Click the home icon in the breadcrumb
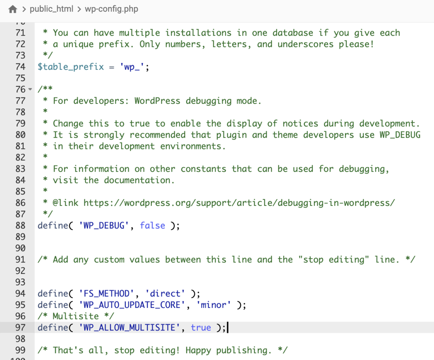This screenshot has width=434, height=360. pyautogui.click(x=13, y=9)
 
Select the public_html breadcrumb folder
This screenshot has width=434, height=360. pyautogui.click(x=51, y=9)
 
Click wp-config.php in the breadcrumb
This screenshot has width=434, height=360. pyautogui.click(x=111, y=9)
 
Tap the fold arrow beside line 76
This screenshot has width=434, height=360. pyautogui.click(x=30, y=89)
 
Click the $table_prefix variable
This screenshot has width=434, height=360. pyautogui.click(x=71, y=66)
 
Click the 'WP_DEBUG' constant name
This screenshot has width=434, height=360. pyautogui.click(x=104, y=225)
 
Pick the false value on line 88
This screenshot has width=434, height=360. pyautogui.click(x=153, y=225)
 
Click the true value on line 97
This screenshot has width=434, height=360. pyautogui.click(x=201, y=327)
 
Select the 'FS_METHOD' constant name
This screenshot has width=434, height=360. pyautogui.click(x=106, y=294)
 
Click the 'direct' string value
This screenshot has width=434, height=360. pyautogui.click(x=165, y=294)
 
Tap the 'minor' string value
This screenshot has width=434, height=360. pyautogui.click(x=214, y=305)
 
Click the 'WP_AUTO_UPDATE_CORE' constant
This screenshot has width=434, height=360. pyautogui.click(x=132, y=305)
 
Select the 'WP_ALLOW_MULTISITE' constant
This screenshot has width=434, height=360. pyautogui.click(x=129, y=327)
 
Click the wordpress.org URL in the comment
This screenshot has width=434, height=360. pyautogui.click(x=239, y=203)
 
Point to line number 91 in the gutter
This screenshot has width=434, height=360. pyautogui.click(x=20, y=259)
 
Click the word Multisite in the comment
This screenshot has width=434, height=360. pyautogui.click(x=75, y=316)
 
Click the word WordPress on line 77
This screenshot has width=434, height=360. pyautogui.click(x=157, y=101)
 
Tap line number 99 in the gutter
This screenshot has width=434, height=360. pyautogui.click(x=20, y=350)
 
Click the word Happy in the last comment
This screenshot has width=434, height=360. pyautogui.click(x=198, y=350)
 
